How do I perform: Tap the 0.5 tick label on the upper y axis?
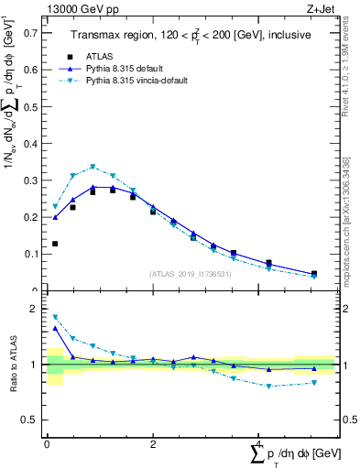click(x=30, y=106)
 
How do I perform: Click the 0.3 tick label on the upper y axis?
click(x=30, y=180)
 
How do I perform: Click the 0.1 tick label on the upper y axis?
click(x=30, y=254)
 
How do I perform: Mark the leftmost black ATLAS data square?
click(x=55, y=244)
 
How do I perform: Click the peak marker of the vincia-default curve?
click(x=93, y=167)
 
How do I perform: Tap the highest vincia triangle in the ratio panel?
click(x=55, y=317)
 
